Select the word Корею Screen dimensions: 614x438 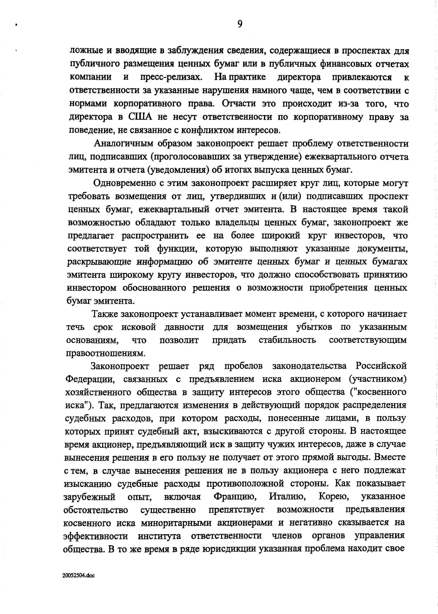pyautogui.click(x=334, y=496)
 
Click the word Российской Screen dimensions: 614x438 pyautogui.click(x=381, y=366)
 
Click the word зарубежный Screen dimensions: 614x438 pyautogui.click(x=89, y=496)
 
